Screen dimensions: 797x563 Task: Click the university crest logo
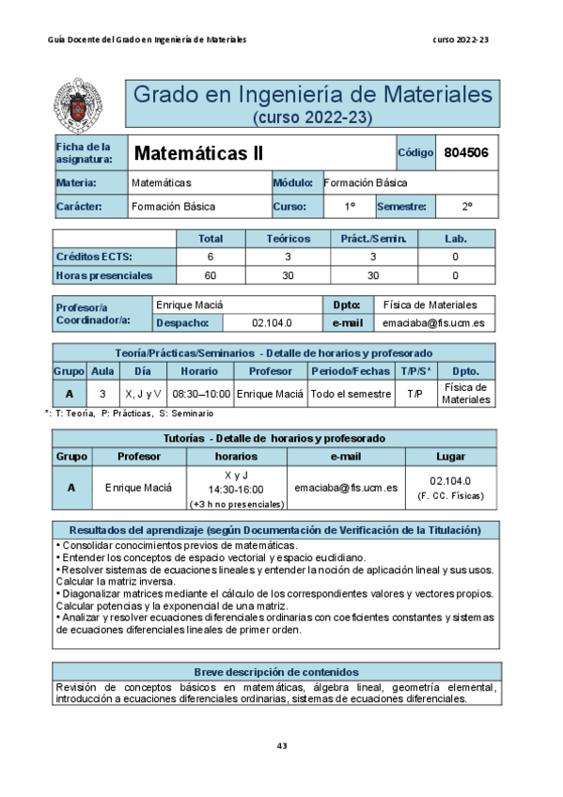(86, 104)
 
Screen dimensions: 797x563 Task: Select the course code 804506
(465, 152)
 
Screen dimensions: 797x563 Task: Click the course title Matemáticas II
(198, 153)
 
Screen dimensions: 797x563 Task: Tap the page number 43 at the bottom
(281, 745)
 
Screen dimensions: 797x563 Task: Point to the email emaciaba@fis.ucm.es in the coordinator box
(433, 322)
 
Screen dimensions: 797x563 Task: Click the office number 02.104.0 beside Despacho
(272, 322)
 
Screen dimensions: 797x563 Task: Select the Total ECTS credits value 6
(210, 257)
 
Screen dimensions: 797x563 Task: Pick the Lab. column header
(455, 239)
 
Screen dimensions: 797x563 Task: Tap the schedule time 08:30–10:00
(200, 394)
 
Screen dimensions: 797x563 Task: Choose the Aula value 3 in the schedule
(102, 394)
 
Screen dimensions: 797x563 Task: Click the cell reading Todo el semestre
(351, 394)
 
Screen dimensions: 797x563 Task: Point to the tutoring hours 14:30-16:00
(235, 490)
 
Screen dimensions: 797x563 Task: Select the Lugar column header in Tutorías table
(450, 456)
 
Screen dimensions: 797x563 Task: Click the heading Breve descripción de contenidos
(275, 672)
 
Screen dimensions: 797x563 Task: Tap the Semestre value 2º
(466, 206)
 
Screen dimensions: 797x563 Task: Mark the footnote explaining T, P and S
(129, 414)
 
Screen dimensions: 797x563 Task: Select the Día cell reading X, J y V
(143, 394)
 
